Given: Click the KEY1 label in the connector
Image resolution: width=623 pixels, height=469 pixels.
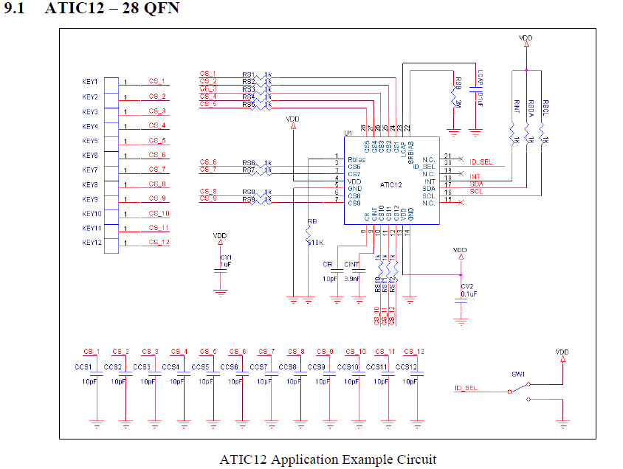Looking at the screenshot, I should tap(90, 82).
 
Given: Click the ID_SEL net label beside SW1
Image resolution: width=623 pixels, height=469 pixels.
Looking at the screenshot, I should tap(466, 387).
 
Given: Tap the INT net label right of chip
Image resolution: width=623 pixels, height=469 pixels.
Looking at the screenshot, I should tap(475, 177).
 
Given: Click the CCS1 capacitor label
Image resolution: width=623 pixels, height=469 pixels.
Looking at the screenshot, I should tap(83, 366).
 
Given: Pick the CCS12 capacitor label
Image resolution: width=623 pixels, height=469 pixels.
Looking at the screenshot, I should tap(406, 366).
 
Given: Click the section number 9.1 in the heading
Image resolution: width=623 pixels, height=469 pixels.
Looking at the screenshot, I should tap(15, 9).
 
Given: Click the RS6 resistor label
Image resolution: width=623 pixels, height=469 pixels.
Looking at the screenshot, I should tap(248, 163).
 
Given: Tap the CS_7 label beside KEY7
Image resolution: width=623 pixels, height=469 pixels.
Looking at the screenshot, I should tap(157, 170).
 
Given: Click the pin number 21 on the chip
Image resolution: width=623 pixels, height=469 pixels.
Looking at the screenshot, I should tap(448, 156).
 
